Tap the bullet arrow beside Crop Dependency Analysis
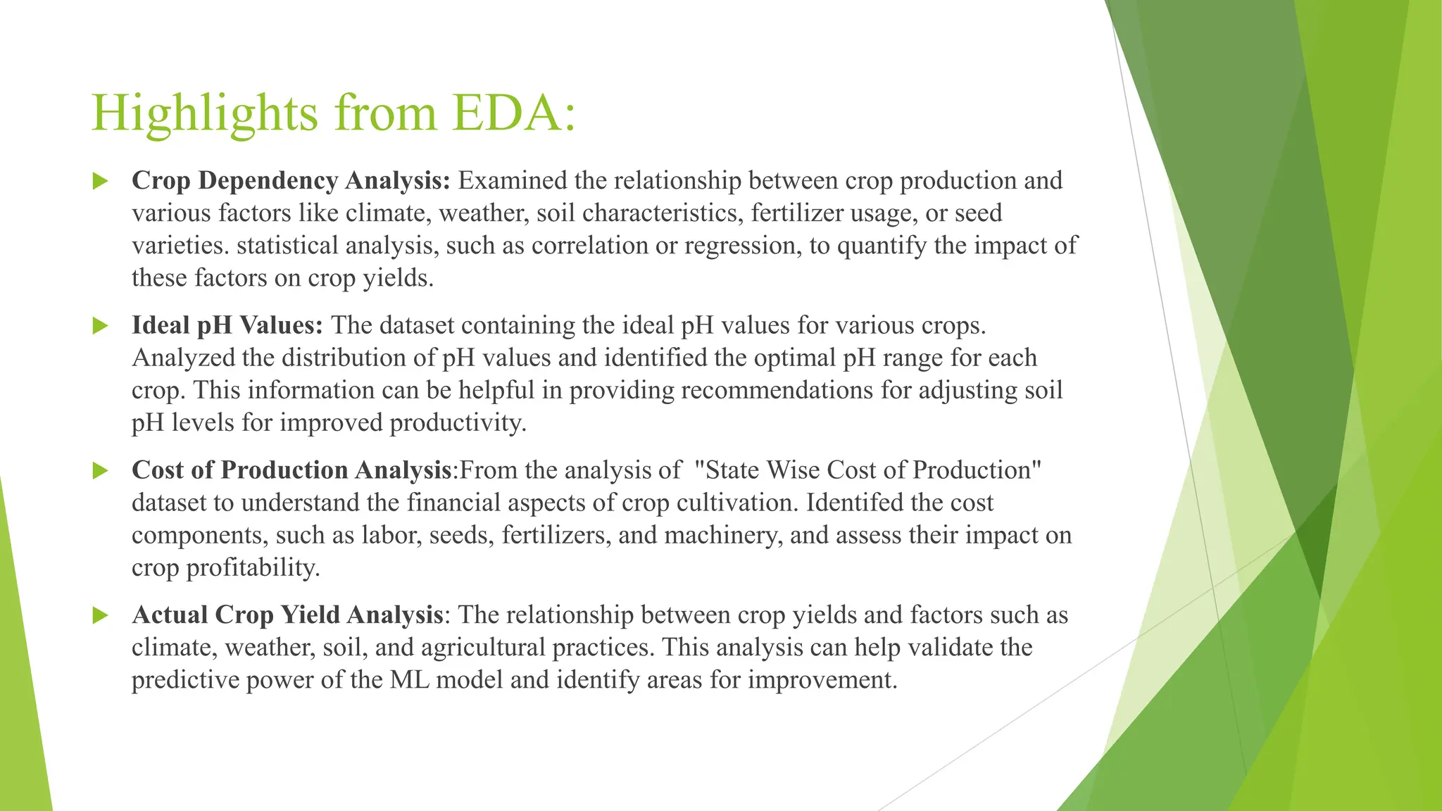click(x=100, y=181)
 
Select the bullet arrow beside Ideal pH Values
click(x=100, y=326)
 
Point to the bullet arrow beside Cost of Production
click(x=100, y=471)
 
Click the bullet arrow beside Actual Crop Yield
click(x=100, y=616)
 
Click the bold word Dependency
click(x=268, y=181)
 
